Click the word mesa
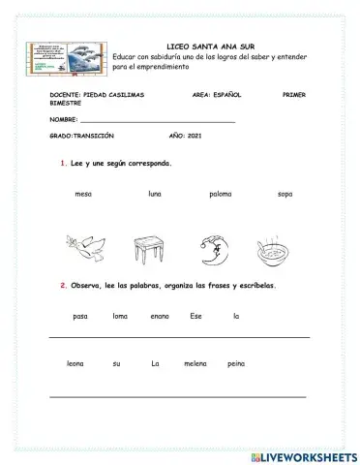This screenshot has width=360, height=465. tap(82, 194)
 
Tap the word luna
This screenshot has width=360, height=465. tap(155, 194)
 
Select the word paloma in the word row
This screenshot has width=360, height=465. tap(220, 194)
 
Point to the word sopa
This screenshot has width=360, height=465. tap(285, 194)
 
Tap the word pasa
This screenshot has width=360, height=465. tap(80, 316)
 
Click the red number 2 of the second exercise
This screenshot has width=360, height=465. tap(62, 286)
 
